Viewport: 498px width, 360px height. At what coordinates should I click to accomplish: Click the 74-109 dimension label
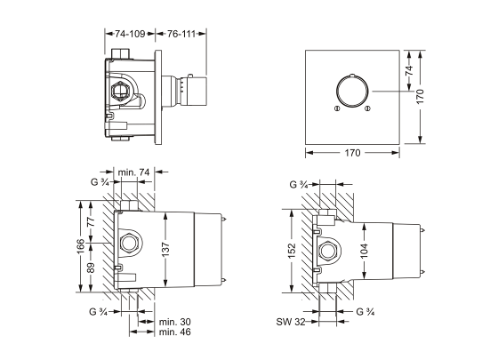pos(130,34)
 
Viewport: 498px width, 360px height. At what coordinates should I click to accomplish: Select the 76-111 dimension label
pos(181,34)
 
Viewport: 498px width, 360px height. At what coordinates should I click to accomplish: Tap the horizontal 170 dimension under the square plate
pos(352,153)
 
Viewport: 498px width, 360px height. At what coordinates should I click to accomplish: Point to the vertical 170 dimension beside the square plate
pos(420,96)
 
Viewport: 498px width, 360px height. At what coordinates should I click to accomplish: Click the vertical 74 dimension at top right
pos(409,70)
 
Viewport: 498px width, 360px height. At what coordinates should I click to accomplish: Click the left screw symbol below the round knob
pos(337,108)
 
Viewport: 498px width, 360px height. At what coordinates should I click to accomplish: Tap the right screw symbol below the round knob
pos(367,108)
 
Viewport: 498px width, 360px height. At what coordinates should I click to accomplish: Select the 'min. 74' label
pos(133,172)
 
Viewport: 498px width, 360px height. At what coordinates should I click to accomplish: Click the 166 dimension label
pos(81,246)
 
